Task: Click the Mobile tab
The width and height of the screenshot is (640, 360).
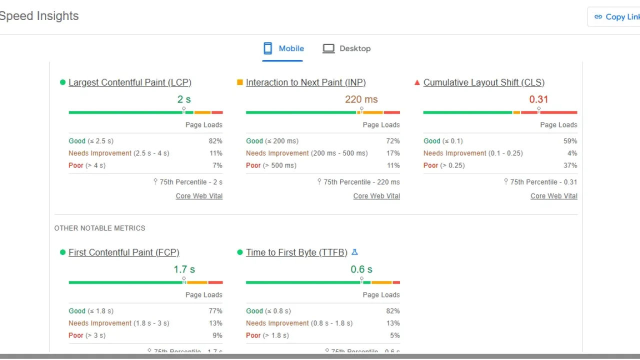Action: pos(283,48)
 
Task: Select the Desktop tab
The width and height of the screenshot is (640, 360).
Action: pos(346,48)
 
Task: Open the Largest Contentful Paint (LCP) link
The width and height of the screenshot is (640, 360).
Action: pos(130,82)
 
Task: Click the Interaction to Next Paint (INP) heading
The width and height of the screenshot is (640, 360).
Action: pos(305,82)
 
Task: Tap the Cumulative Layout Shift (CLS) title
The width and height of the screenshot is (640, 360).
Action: pos(484,82)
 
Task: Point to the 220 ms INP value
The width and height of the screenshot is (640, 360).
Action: pos(361,99)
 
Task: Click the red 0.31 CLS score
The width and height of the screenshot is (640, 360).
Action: pos(538,99)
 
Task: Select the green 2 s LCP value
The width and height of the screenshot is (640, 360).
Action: pos(184,99)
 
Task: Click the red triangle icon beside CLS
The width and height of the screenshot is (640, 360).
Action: pos(417,82)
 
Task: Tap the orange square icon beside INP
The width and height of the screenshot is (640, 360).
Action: pos(240,82)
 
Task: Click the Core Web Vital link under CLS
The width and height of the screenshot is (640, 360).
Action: pos(553,196)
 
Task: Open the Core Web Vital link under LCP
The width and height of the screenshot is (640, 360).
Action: pos(199,196)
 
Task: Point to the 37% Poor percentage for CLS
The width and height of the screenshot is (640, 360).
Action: pos(570,165)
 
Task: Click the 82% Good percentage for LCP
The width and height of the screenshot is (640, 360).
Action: pos(215,141)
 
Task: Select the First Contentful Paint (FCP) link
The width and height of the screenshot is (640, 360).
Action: pos(124,252)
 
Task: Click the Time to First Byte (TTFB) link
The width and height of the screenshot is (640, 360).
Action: pos(296,252)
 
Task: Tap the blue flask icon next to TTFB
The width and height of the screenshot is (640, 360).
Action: pos(355,252)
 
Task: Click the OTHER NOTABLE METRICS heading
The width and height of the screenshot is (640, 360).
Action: pos(99,228)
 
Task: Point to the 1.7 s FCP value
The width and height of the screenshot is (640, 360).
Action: pos(183,269)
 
